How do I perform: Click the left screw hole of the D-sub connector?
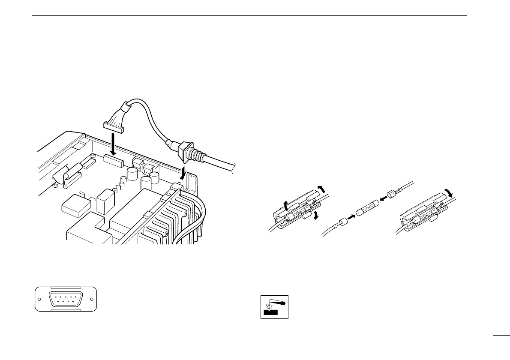point(39,299)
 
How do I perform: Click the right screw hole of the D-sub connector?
point(92,299)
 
